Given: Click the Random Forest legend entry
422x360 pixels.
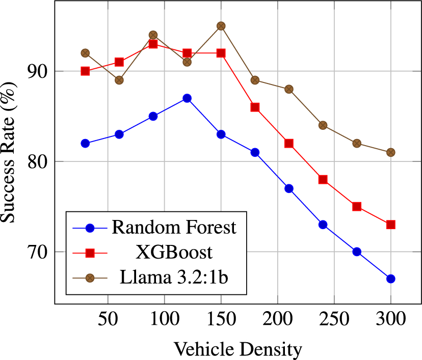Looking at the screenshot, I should click(174, 227).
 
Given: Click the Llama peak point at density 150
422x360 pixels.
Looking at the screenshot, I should click(221, 26).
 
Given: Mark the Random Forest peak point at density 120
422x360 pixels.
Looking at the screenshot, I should click(187, 98).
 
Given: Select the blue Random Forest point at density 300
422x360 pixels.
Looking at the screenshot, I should click(390, 279).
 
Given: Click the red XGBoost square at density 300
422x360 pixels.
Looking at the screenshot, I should click(390, 225).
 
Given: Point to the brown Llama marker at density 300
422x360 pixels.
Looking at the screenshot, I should click(390, 152).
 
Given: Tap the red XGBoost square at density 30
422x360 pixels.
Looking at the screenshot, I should click(85, 71).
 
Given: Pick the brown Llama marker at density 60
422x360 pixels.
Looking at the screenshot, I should click(119, 80).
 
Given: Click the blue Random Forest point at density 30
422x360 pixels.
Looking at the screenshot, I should click(85, 144).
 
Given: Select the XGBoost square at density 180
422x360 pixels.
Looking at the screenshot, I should click(255, 107).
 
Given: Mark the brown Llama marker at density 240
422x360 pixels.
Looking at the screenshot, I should click(323, 125).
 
